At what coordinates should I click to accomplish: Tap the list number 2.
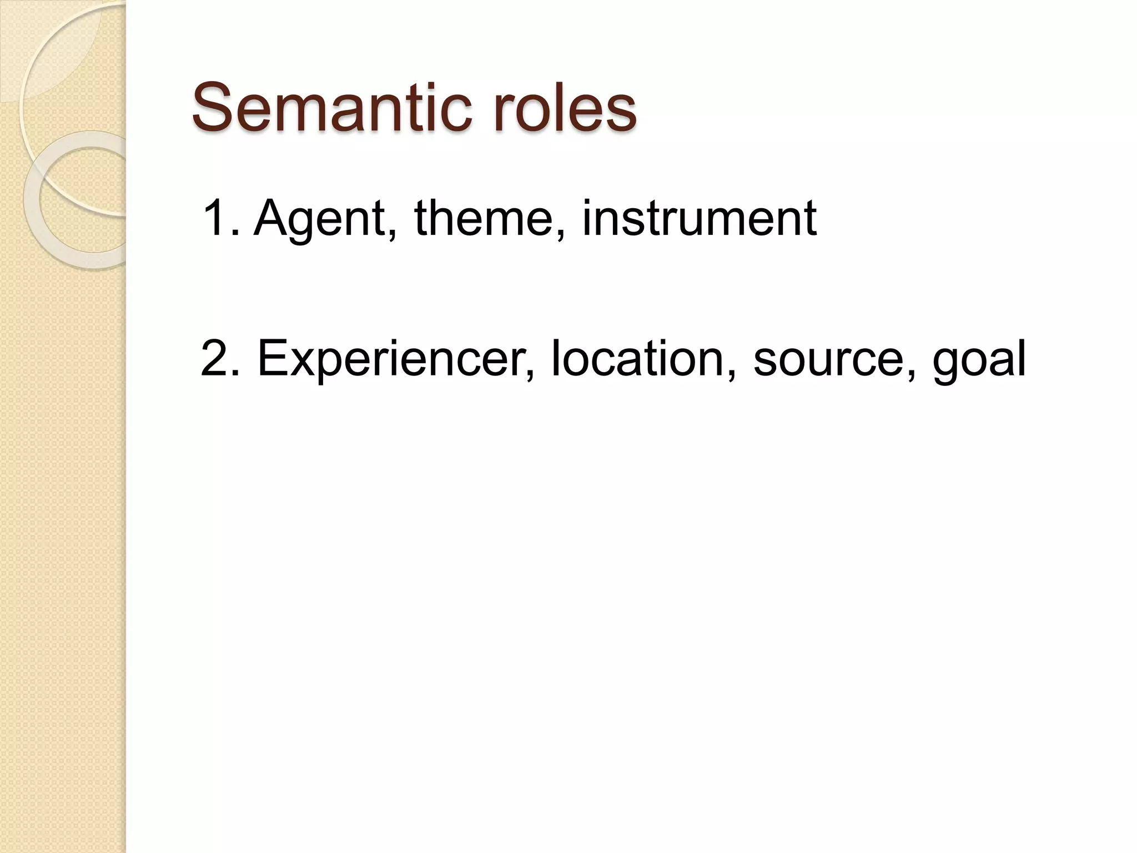pyautogui.click(x=218, y=359)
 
